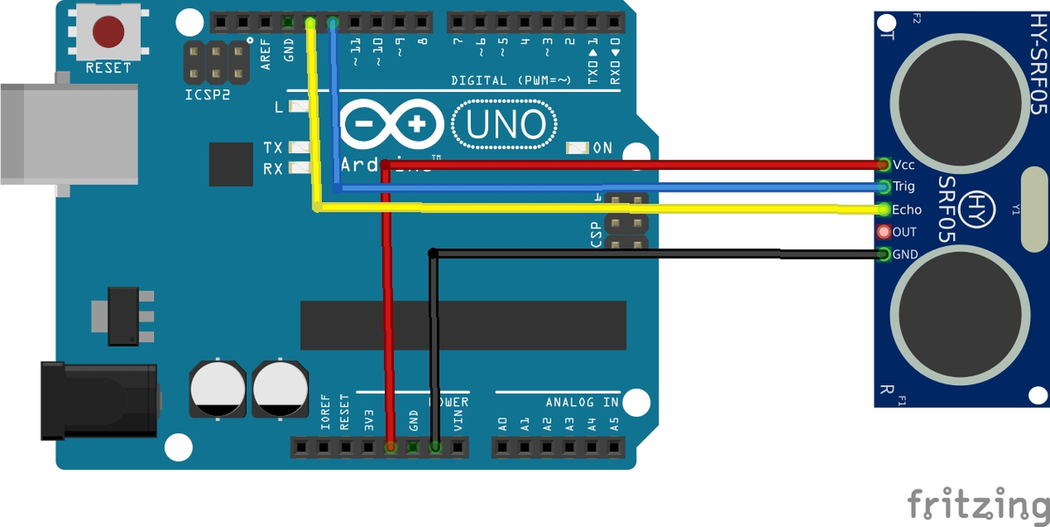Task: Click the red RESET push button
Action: coord(108,32)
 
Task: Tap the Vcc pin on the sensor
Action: coord(884,164)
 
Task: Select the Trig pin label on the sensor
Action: coord(904,186)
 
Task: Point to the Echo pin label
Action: coord(906,210)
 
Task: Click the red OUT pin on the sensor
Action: coord(884,232)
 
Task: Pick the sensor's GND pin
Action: coord(884,255)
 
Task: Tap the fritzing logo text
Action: coord(977,505)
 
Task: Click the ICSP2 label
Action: coord(208,94)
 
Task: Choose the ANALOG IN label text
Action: coord(582,403)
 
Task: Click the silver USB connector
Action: coord(68,134)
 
